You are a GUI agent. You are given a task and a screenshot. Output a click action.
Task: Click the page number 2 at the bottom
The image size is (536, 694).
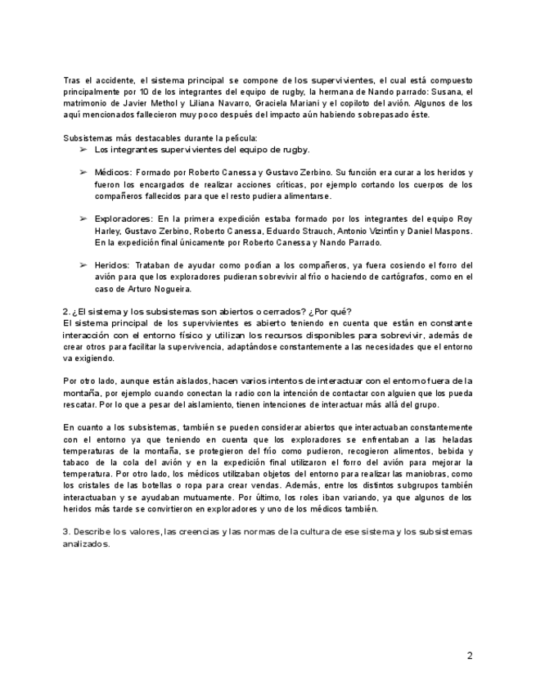click(470, 656)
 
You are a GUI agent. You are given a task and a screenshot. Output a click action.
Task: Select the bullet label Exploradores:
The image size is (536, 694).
click(124, 219)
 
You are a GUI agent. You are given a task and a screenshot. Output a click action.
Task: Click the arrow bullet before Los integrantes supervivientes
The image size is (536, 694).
click(83, 150)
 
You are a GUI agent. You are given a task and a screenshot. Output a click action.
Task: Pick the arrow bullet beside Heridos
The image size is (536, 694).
click(83, 266)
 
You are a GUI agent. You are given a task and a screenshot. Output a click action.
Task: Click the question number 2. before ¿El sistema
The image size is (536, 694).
click(66, 311)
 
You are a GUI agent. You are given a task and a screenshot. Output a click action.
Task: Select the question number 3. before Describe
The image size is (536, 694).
click(66, 532)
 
